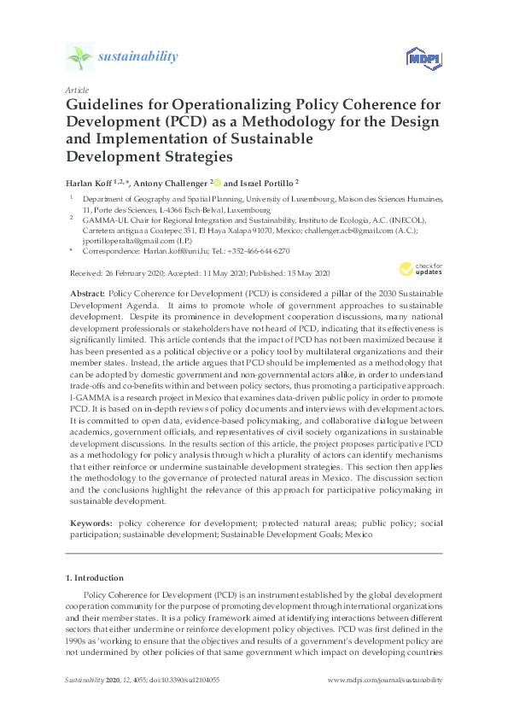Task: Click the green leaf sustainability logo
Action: (79, 57)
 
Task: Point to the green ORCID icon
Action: (218, 182)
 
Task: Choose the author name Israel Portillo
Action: (265, 183)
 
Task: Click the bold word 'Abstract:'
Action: (85, 292)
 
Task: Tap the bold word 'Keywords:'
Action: (89, 521)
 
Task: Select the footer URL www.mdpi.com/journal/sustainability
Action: (385, 680)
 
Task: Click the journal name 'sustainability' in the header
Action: (138, 57)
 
